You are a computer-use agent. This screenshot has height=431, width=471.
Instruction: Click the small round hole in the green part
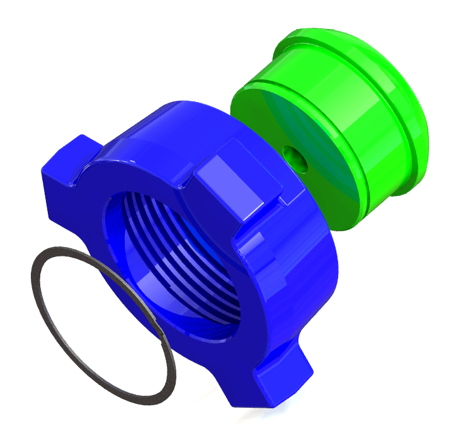[x=295, y=158]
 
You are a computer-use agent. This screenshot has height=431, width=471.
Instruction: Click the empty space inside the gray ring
[x=94, y=315]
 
